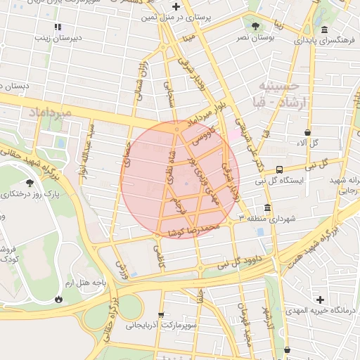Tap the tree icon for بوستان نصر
pyautogui.click(x=255, y=26)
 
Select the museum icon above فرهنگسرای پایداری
pyautogui.click(x=324, y=30)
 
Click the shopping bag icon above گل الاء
pyautogui.click(x=309, y=131)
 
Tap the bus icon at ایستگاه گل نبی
pyautogui.click(x=280, y=169)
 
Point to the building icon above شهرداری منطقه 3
pyautogui.click(x=267, y=208)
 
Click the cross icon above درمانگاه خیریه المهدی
pyautogui.click(x=321, y=300)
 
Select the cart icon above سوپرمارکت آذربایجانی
pyautogui.click(x=162, y=315)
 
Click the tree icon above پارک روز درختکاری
pyautogui.click(x=30, y=182)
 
